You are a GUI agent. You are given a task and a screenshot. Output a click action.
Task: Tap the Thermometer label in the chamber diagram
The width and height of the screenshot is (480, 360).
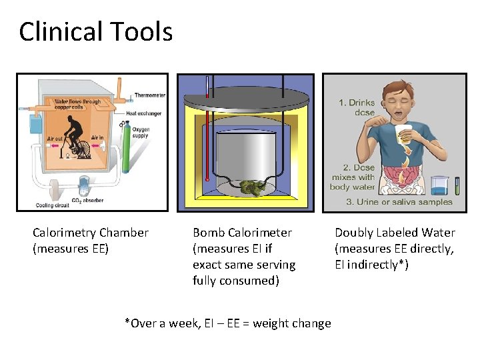(149, 95)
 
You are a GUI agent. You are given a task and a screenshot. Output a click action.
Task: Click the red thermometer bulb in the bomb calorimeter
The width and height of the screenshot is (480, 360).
(207, 179)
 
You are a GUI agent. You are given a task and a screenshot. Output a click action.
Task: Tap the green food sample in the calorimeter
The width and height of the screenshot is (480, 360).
(252, 187)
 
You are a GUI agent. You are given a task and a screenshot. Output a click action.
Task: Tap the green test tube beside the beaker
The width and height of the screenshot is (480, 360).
(457, 185)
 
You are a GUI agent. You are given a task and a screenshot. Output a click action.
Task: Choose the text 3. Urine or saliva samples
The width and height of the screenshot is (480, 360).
(399, 202)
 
